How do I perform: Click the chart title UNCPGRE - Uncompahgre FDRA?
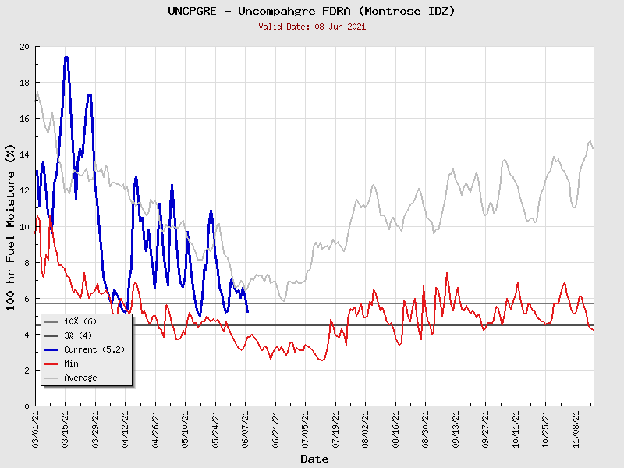(311, 11)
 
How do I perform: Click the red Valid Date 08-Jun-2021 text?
(312, 27)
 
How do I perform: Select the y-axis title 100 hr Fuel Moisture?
(11, 226)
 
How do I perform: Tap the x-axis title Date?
(314, 459)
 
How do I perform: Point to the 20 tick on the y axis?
(25, 47)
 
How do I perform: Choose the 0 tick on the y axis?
(27, 406)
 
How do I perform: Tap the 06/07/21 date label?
(246, 429)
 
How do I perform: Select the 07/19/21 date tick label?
(336, 429)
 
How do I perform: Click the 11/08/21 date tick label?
(576, 429)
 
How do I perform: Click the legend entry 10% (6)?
(80, 321)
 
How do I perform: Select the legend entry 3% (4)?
(78, 335)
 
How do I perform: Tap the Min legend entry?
(72, 363)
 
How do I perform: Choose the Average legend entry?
(80, 378)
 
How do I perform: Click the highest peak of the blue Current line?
(66, 57)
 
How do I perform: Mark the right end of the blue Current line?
(247, 312)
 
